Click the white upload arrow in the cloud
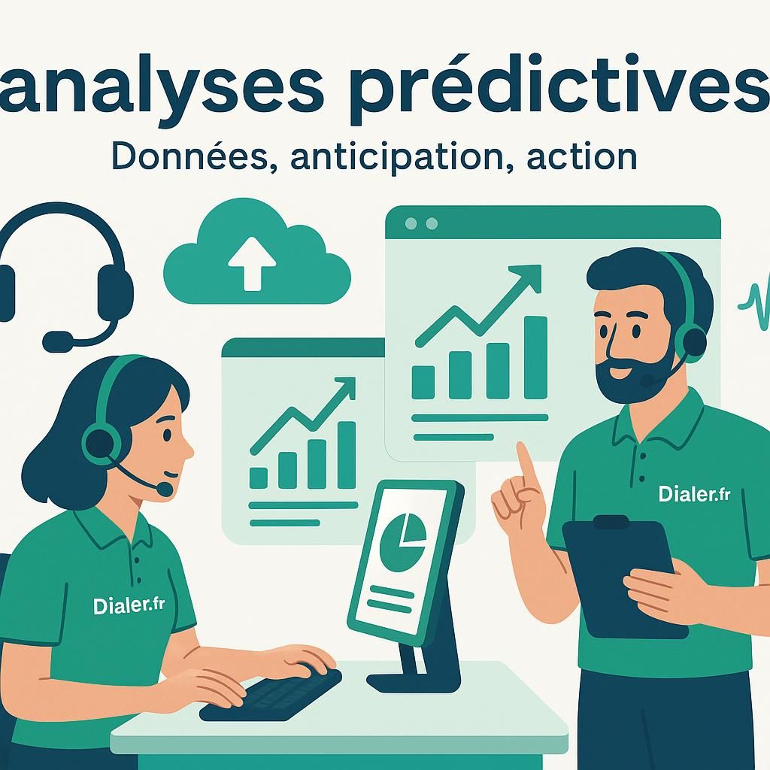tap(252, 262)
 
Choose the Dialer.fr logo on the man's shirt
tap(694, 494)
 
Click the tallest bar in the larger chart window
tap(535, 356)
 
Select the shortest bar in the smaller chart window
tap(258, 477)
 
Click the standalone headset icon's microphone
tap(57, 342)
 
